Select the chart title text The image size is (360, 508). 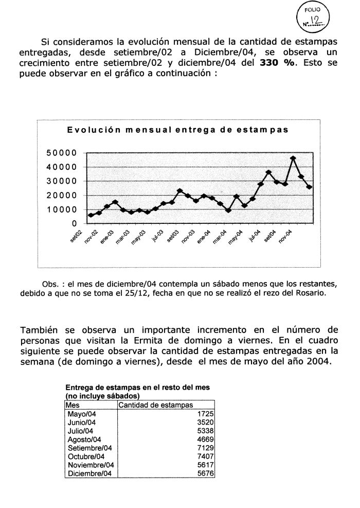click(x=177, y=130)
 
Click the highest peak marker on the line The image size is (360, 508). click(x=293, y=159)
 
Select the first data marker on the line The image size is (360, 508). click(x=91, y=215)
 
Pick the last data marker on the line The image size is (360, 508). click(x=309, y=187)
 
